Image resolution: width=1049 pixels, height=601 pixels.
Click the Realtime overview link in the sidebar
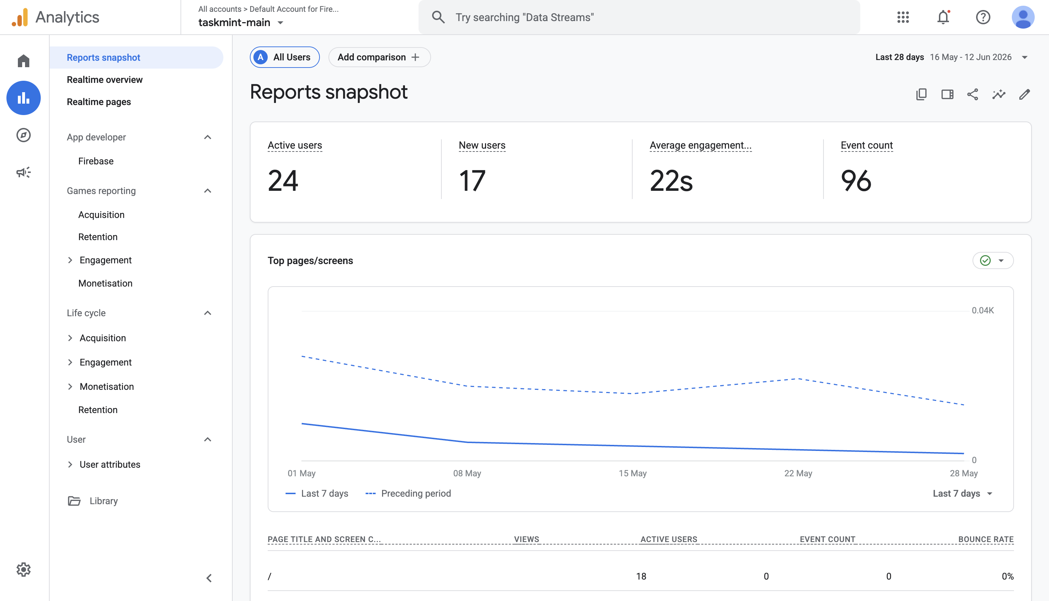pos(104,80)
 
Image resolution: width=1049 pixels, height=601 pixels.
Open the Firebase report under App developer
pos(96,161)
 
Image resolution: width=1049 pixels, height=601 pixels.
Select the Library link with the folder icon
pos(93,501)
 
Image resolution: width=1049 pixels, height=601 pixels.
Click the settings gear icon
pos(24,570)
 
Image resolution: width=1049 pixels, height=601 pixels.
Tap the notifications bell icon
pos(943,18)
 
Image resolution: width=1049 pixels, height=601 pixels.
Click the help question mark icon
pos(983,18)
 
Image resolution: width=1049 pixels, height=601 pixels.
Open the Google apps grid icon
pos(903,18)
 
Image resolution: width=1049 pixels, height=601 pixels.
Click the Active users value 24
pos(283,181)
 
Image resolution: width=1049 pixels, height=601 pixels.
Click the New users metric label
pos(482,145)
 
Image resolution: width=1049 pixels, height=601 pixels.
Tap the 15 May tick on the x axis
pos(633,473)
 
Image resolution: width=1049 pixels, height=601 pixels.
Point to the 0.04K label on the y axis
pos(983,311)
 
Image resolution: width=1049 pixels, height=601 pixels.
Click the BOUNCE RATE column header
pos(986,540)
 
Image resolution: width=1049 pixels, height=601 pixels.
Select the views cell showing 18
pos(641,577)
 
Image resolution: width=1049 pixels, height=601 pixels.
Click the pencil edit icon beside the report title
pos(1025,95)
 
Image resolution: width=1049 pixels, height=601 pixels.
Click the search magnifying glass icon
pos(438,18)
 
